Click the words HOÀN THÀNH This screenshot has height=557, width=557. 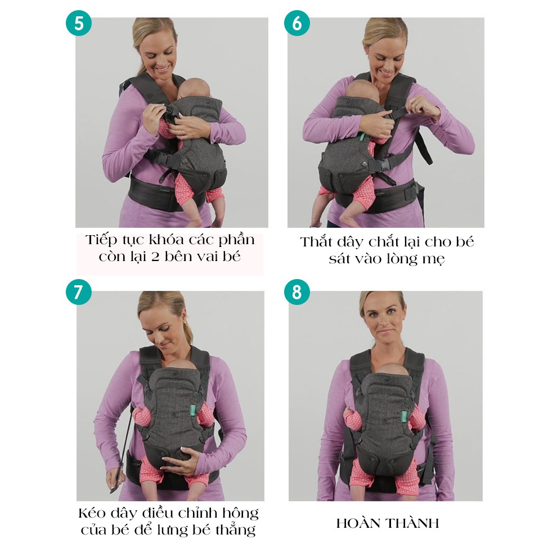[387, 523]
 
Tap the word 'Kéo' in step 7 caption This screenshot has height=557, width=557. [93, 513]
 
